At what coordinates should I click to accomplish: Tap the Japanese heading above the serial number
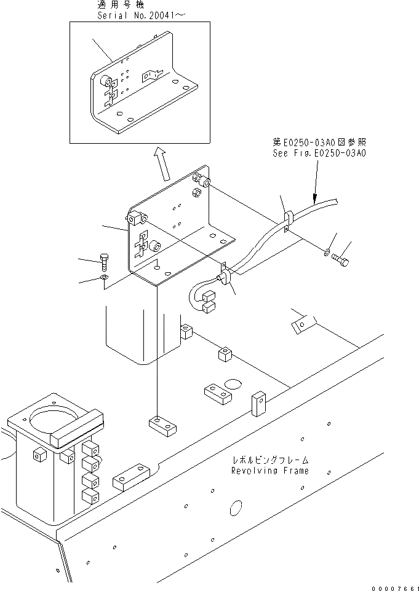(x=120, y=4)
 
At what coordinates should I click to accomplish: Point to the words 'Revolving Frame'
(x=269, y=471)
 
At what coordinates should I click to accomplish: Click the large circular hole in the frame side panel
(x=236, y=508)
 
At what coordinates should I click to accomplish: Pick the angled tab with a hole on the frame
(x=301, y=323)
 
